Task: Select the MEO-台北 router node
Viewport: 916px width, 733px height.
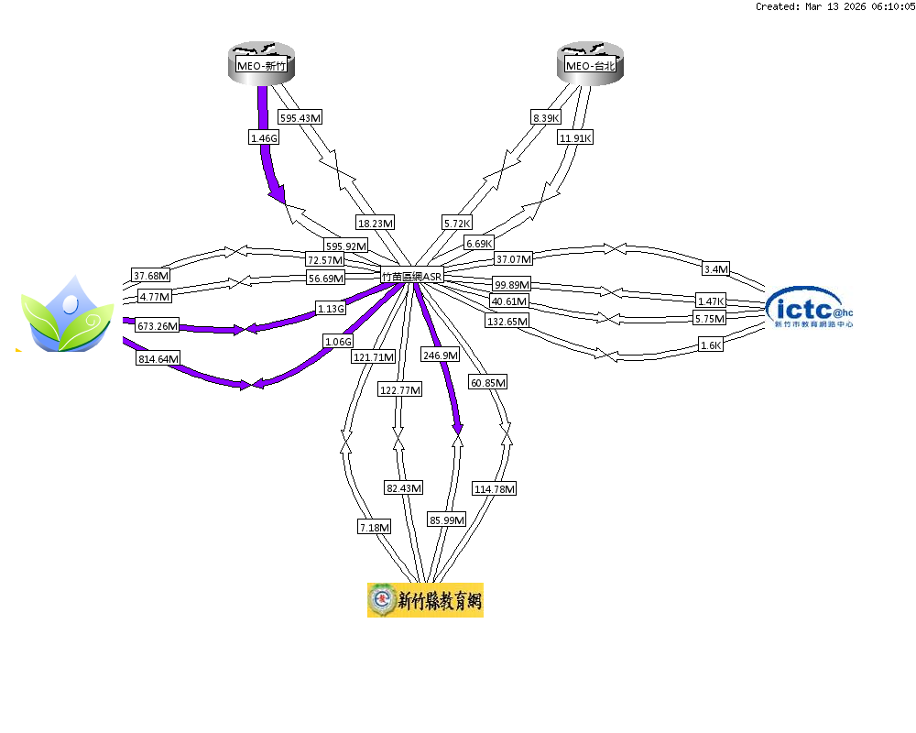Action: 591,64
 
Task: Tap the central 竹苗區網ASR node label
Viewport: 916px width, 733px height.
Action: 412,275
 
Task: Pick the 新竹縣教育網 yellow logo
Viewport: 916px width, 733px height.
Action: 425,600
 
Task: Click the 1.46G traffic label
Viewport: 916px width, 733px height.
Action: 263,137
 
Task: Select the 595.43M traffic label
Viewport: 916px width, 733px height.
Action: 300,118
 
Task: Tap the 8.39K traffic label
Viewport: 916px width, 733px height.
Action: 546,118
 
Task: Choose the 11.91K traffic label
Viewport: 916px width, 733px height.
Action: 575,137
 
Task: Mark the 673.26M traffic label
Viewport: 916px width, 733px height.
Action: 157,325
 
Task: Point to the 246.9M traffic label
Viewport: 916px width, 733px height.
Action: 440,355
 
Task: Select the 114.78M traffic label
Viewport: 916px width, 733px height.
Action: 494,489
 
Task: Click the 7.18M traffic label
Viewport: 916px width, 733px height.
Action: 375,527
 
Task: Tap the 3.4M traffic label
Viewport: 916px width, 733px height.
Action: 715,269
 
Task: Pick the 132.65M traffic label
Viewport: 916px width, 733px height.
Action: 507,322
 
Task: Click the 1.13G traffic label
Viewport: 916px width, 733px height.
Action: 331,308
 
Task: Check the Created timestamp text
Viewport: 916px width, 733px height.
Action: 835,6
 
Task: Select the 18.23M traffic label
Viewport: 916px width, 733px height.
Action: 376,223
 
